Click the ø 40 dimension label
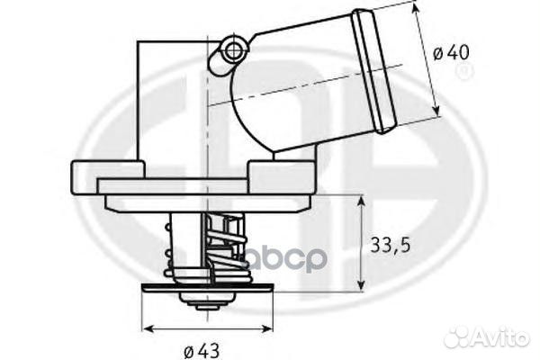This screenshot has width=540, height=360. tap(451, 53)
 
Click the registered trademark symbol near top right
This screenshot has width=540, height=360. tap(464, 72)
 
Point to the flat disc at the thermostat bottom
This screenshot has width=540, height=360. tap(207, 288)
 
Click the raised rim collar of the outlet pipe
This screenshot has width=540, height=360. tap(374, 70)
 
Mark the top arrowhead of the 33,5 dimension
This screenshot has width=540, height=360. tap(361, 201)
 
